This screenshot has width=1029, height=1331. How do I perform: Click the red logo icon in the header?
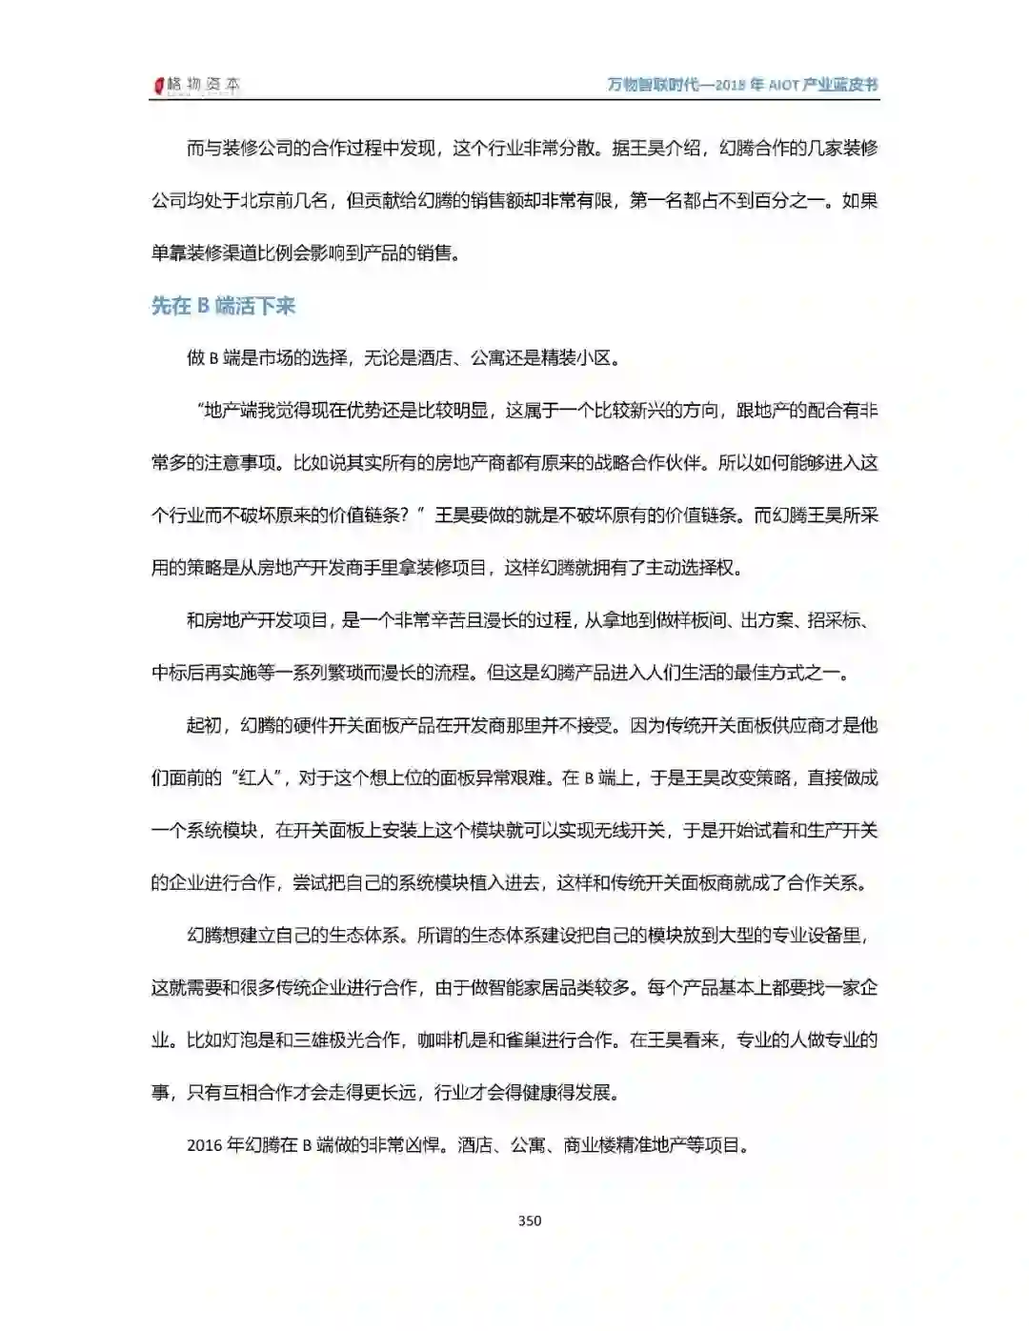(159, 86)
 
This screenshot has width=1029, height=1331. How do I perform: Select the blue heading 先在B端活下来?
(223, 306)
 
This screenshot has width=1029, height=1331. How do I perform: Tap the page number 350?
(530, 1220)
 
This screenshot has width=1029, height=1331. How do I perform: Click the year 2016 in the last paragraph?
(205, 1145)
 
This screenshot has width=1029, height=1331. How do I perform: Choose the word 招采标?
(835, 620)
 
